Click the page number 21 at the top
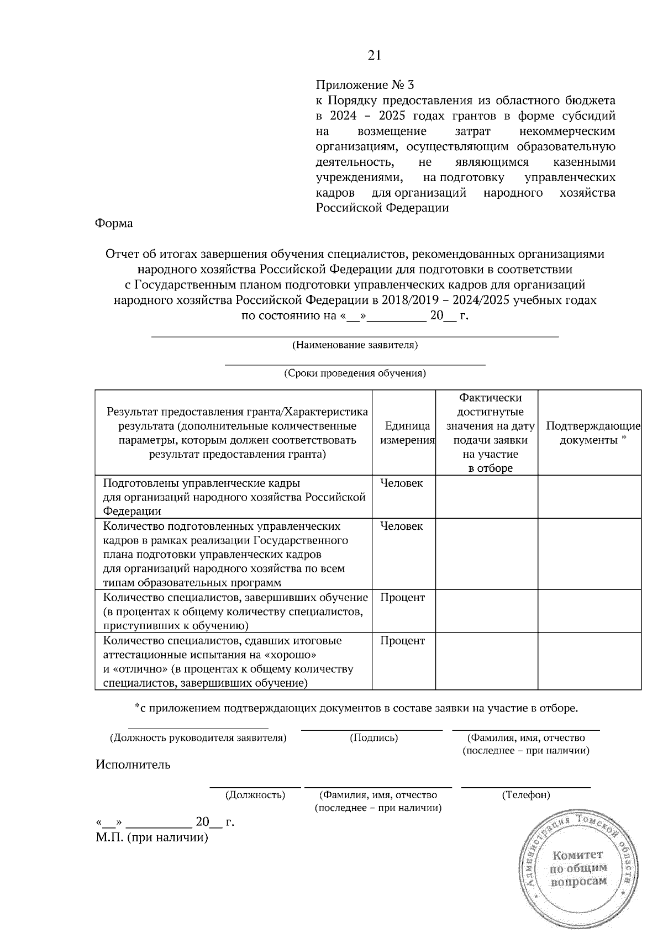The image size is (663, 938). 374,56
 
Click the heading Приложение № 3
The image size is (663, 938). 364,86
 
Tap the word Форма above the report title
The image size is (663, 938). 114,224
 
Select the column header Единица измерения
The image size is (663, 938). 407,433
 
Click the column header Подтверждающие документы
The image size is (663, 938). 593,433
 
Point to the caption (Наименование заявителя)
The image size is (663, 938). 354,346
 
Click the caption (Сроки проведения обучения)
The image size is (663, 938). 355,373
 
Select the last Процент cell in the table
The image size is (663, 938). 402,641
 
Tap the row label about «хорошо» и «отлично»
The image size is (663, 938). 228,662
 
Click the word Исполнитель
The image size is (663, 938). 133,765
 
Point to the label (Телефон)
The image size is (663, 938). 525,795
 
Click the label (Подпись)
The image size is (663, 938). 374,738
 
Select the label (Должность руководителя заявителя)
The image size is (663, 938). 198,738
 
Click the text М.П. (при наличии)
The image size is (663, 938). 151,838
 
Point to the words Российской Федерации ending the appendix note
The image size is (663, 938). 382,208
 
